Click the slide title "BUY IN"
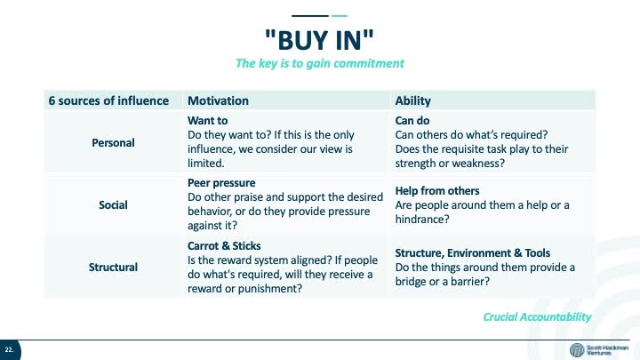[x=319, y=40]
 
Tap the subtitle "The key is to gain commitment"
[x=320, y=63]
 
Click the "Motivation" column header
[x=218, y=100]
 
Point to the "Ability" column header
[x=412, y=100]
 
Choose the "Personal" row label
[x=113, y=143]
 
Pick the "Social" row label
[x=113, y=205]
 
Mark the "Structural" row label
[x=113, y=268]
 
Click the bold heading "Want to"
[x=207, y=121]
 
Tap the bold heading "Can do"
[x=412, y=121]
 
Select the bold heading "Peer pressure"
[x=221, y=183]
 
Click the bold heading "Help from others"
[x=437, y=191]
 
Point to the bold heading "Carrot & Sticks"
[x=224, y=246]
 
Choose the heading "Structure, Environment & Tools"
[x=473, y=253]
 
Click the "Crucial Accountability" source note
[x=537, y=317]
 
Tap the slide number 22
[x=9, y=350]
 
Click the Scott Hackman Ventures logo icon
[x=577, y=350]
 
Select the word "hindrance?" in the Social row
[x=422, y=220]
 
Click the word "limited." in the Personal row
[x=205, y=164]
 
